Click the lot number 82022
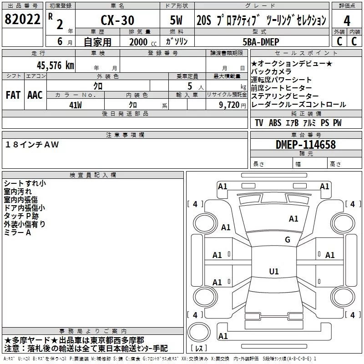(x=22, y=19)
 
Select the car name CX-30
(x=117, y=20)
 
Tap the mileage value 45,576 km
(x=56, y=65)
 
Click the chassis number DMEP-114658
(x=306, y=145)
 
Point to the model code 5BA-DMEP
(x=261, y=42)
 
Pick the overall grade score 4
(x=347, y=21)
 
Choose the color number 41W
(x=76, y=105)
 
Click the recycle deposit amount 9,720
(x=229, y=105)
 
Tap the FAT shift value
(x=13, y=95)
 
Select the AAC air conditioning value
(x=35, y=95)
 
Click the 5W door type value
(x=176, y=20)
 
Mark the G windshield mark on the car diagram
(x=288, y=240)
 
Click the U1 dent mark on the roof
(x=274, y=271)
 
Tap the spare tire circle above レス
(x=199, y=332)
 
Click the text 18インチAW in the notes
(x=32, y=145)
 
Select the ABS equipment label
(x=275, y=123)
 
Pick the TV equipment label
(x=259, y=123)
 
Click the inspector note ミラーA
(x=17, y=233)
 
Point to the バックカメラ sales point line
(x=271, y=71)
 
